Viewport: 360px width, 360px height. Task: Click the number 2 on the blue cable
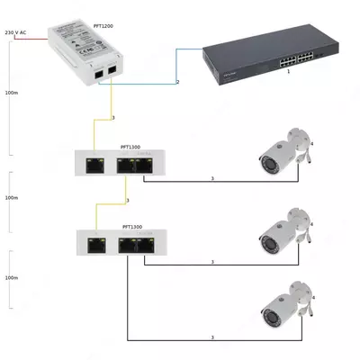click(x=178, y=82)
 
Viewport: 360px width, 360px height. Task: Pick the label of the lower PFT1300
click(x=131, y=227)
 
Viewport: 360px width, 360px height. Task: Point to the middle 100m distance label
click(x=12, y=196)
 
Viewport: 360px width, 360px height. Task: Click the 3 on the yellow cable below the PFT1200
click(x=112, y=118)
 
